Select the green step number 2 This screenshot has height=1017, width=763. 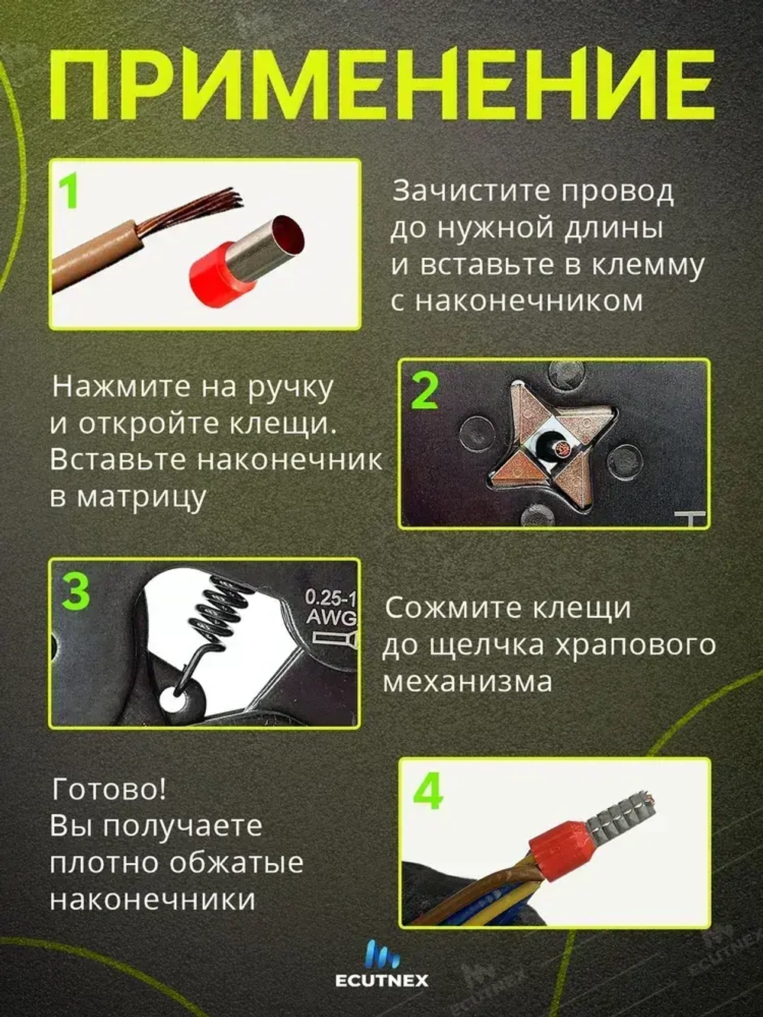click(x=425, y=391)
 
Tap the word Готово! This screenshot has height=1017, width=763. click(x=108, y=789)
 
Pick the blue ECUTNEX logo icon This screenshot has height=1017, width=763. click(x=381, y=954)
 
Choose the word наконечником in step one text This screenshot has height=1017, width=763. click(x=517, y=301)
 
